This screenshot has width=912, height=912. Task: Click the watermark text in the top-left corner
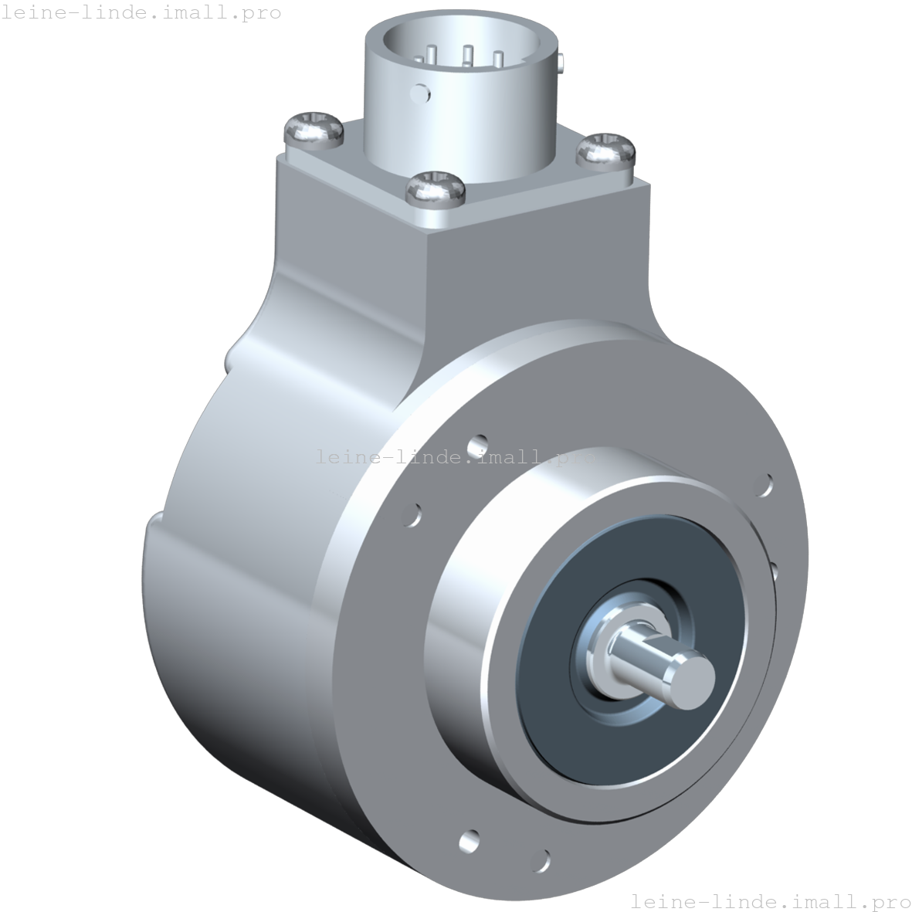tap(141, 12)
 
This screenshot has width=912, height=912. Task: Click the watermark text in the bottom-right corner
tap(770, 900)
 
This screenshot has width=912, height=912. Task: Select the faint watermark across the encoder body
tap(456, 457)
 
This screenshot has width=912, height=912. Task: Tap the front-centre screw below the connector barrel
tap(436, 188)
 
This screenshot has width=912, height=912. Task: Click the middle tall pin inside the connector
tap(467, 56)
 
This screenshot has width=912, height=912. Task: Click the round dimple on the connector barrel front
tap(422, 93)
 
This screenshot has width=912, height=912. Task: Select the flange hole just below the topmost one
tap(414, 514)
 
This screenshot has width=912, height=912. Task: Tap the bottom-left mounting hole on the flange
tap(468, 839)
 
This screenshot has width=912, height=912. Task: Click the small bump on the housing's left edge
tap(229, 360)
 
